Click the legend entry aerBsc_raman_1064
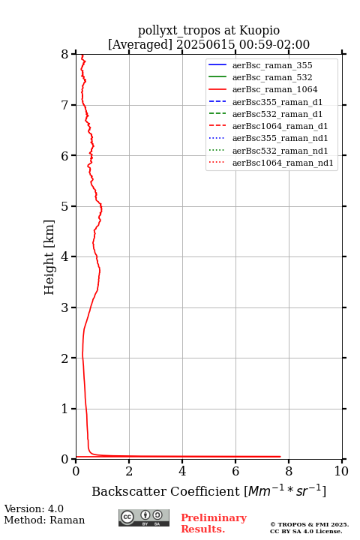point(274,89)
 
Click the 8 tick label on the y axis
point(65,55)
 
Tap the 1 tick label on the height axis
point(65,409)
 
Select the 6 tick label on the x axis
point(235,471)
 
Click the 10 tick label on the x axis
point(342,471)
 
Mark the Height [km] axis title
point(49,257)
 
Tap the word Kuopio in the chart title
point(259,31)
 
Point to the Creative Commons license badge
point(144,518)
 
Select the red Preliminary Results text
point(214,523)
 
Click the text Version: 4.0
point(34,508)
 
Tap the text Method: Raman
point(44,520)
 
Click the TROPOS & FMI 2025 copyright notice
point(310,524)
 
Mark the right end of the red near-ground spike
point(280,457)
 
